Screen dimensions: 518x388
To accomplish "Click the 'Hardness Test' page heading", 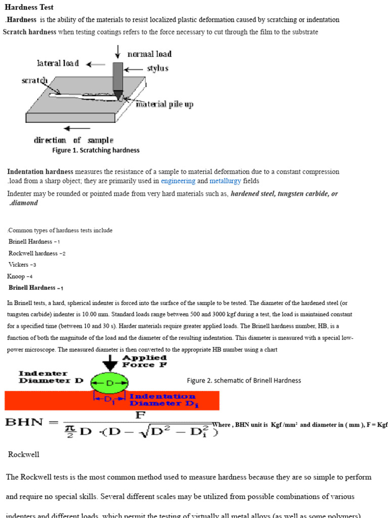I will coord(29,8).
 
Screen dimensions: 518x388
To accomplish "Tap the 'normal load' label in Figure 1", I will coord(149,54).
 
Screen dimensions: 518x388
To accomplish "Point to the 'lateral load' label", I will coord(58,63).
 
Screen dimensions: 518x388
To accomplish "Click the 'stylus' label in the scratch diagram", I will coord(157,68).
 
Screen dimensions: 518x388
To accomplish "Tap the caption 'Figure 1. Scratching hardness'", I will coord(95,150).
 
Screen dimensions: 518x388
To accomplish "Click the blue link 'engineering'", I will coord(178,181).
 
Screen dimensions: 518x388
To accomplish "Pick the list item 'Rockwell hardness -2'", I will coord(37,253).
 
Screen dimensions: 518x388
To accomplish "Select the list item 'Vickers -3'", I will coord(22,265).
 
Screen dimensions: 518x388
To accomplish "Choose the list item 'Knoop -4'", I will coord(20,276).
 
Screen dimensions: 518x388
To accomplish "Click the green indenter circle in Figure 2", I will coord(110,383).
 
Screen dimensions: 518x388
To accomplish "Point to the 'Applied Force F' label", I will coord(144,360).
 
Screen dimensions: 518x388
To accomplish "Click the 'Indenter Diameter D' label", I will coord(51,377).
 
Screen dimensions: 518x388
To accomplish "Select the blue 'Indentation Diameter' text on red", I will coord(162,400).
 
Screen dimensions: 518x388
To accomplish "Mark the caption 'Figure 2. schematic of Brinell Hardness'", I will coord(244,380).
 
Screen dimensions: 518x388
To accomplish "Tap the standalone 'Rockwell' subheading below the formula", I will coord(24,454).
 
